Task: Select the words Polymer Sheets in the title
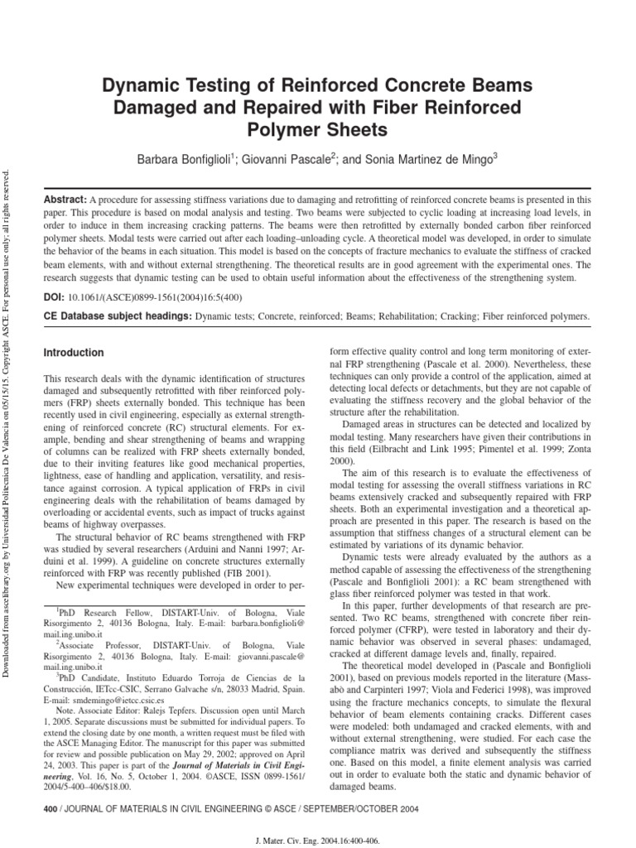(x=319, y=130)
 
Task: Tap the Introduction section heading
(x=74, y=353)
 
